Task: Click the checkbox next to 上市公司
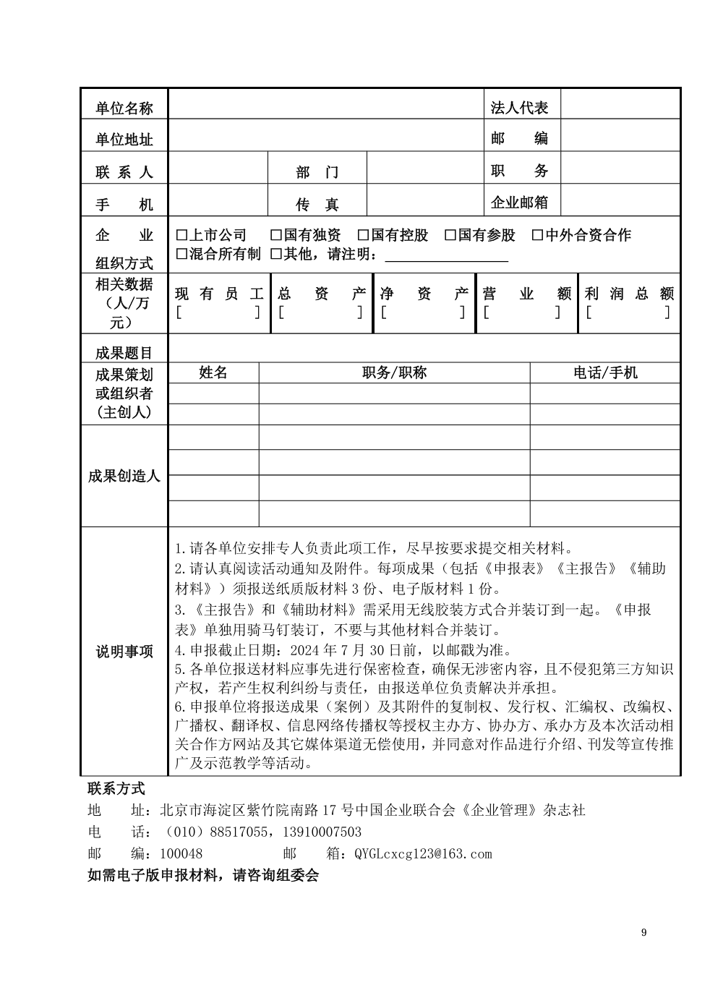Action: (181, 236)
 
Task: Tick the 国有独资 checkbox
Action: (276, 236)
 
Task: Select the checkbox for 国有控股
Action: (364, 236)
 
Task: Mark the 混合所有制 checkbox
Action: (181, 254)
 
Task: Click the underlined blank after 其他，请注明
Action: (446, 255)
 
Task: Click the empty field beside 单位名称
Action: (325, 104)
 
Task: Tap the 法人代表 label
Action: (519, 108)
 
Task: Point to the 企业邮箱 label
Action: (519, 202)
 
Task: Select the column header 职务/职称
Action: (394, 372)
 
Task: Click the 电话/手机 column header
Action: (605, 372)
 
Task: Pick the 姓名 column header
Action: (213, 372)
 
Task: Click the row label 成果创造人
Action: (124, 476)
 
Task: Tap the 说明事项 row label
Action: (124, 652)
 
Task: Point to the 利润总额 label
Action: (629, 294)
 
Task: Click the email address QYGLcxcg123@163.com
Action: (423, 854)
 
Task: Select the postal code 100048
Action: (181, 854)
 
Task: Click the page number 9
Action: (643, 932)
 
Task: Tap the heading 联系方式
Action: (116, 788)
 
